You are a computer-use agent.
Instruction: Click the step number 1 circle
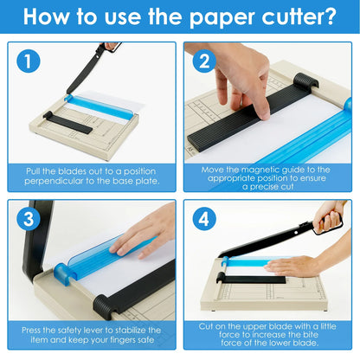tap(29, 62)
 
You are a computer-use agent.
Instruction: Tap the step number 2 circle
tap(203, 62)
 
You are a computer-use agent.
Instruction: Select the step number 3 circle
tap(29, 220)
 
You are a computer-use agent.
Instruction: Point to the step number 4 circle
tap(203, 220)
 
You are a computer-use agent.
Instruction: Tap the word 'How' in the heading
tap(55, 17)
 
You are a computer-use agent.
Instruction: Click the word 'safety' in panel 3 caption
tap(81, 330)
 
